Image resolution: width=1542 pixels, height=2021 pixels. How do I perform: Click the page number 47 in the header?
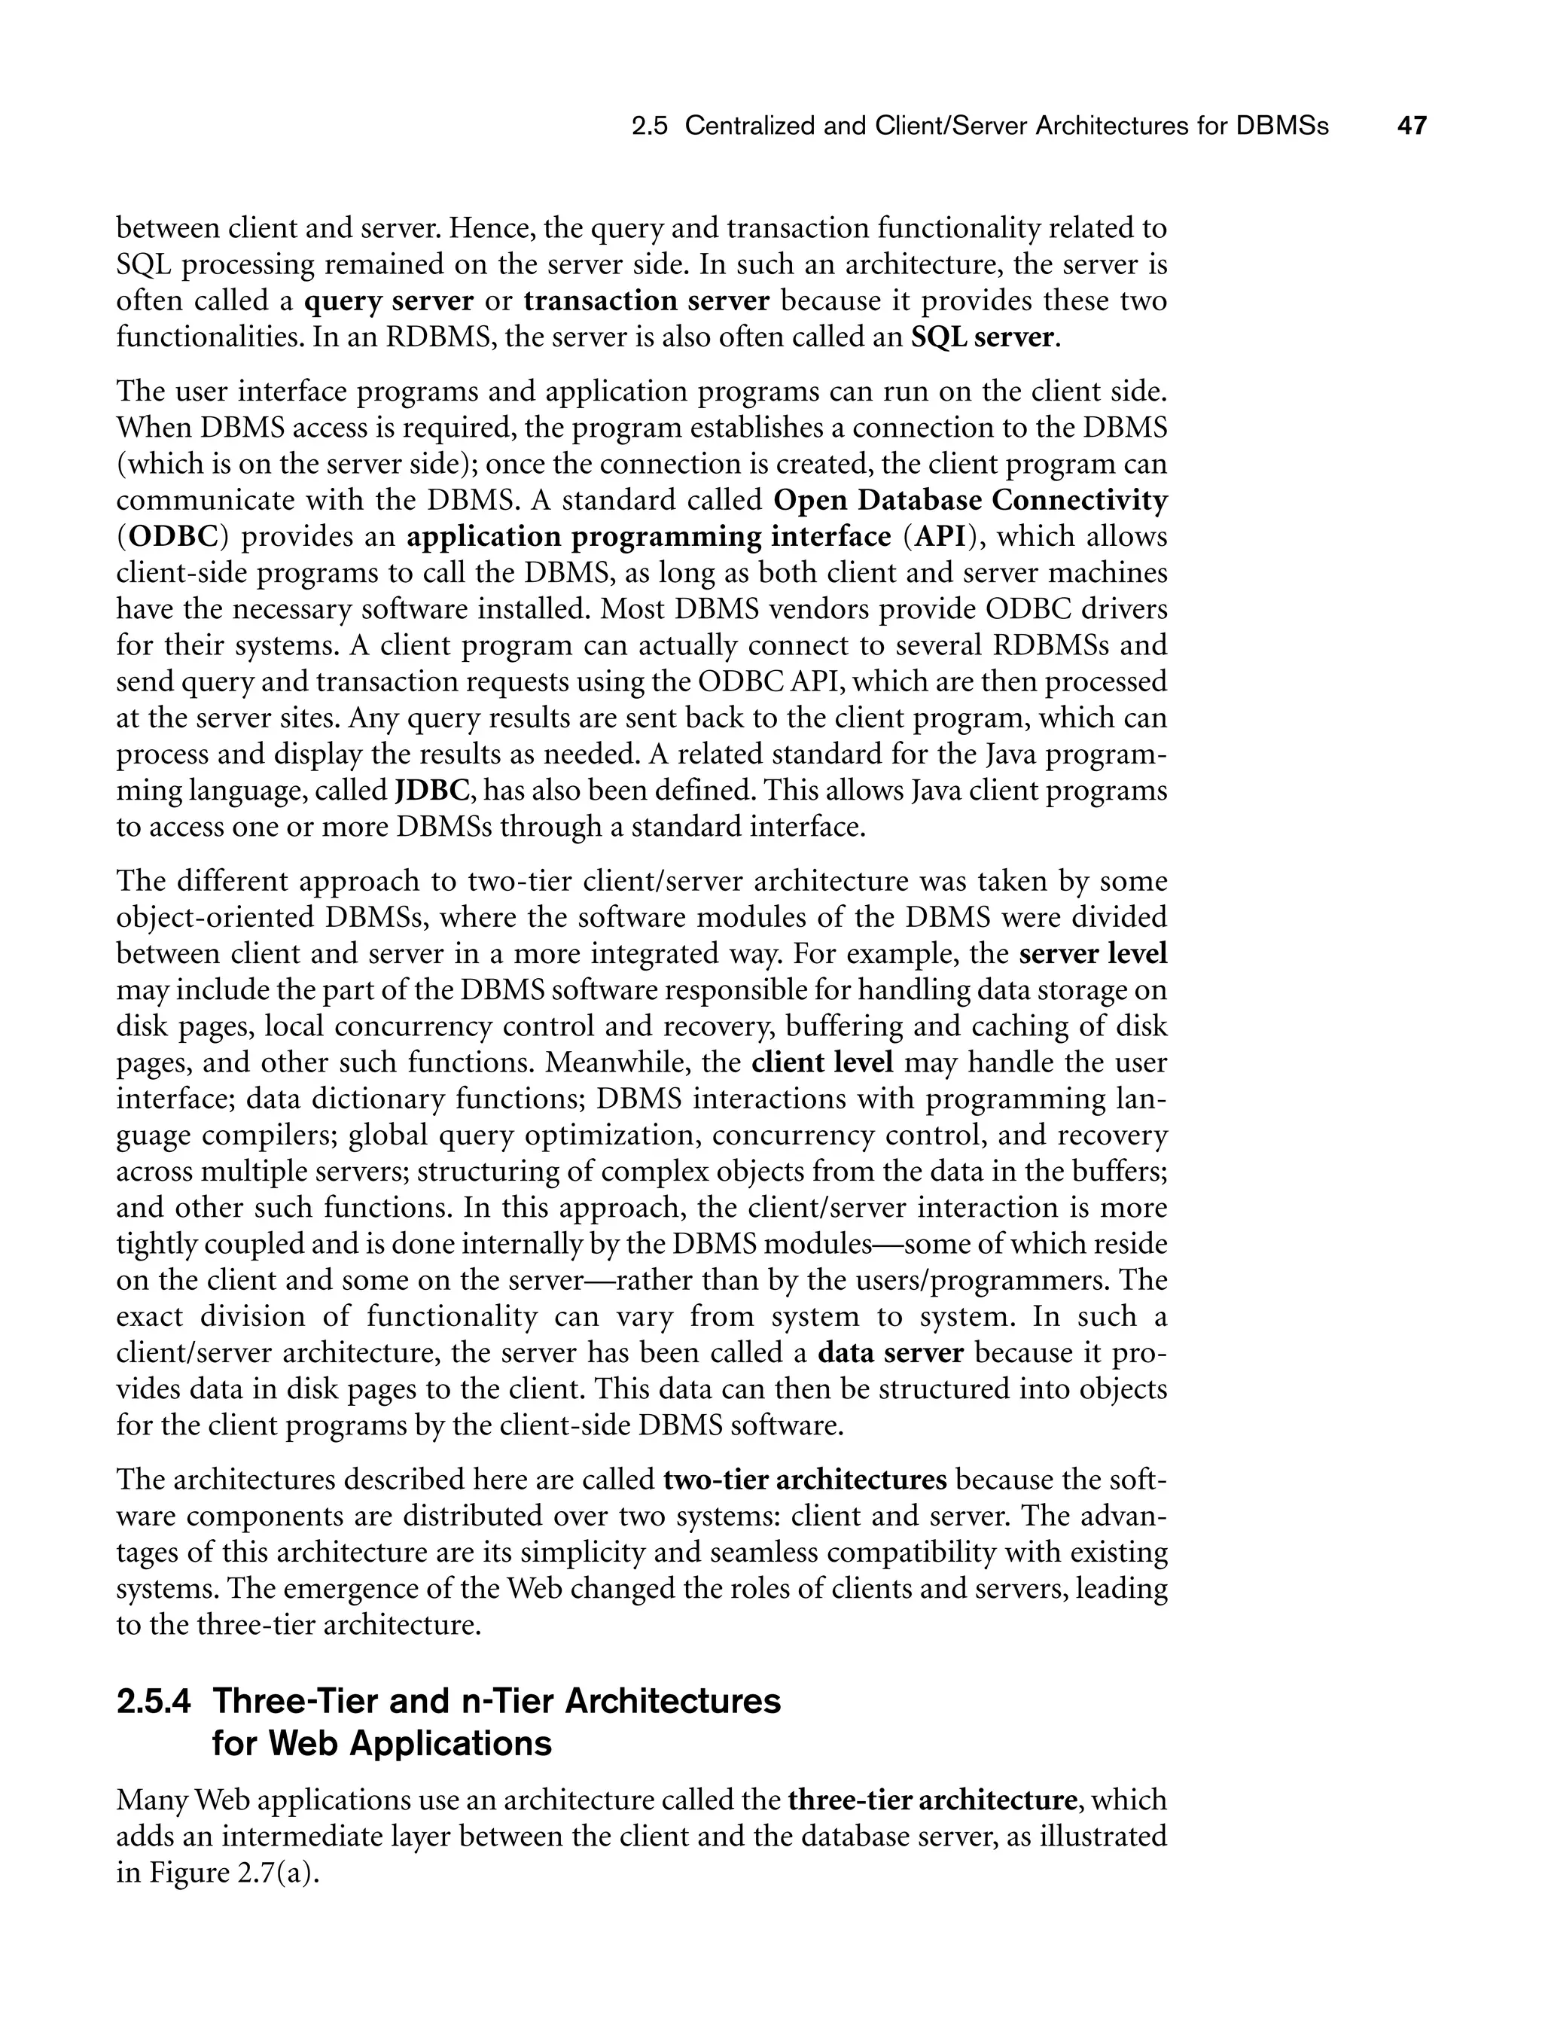pyautogui.click(x=1412, y=126)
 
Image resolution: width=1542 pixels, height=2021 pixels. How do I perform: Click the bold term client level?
pyautogui.click(x=821, y=1062)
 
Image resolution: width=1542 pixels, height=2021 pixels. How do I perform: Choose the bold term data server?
pyautogui.click(x=890, y=1354)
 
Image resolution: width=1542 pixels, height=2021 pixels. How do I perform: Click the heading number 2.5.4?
pyautogui.click(x=154, y=1702)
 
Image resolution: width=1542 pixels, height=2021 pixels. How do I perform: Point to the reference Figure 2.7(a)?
pyautogui.click(x=227, y=1873)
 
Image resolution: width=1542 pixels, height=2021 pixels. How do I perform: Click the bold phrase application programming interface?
pyautogui.click(x=648, y=537)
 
